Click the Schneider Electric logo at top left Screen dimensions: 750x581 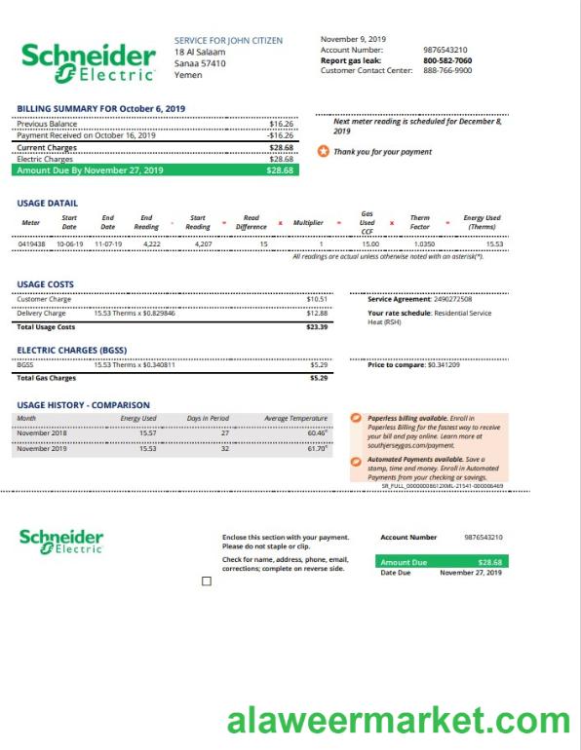click(89, 61)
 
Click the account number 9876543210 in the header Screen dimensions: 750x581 click(445, 50)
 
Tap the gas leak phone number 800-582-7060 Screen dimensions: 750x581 click(447, 60)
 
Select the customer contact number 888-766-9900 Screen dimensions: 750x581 click(447, 70)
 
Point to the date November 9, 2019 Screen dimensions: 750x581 click(353, 39)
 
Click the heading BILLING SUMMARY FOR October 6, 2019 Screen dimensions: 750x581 click(101, 108)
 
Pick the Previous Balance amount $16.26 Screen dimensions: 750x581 click(281, 125)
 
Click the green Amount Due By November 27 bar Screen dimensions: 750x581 click(156, 170)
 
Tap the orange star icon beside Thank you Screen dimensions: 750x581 click(324, 152)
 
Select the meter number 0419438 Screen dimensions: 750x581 click(31, 244)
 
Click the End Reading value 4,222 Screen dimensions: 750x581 click(152, 244)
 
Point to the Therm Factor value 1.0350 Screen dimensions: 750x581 click(424, 244)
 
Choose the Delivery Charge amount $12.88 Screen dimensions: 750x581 click(317, 314)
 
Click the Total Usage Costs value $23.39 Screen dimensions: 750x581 click(317, 327)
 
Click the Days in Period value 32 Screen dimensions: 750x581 click(224, 449)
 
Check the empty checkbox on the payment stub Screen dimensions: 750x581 click(206, 581)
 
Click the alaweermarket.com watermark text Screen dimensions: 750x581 click(398, 722)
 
